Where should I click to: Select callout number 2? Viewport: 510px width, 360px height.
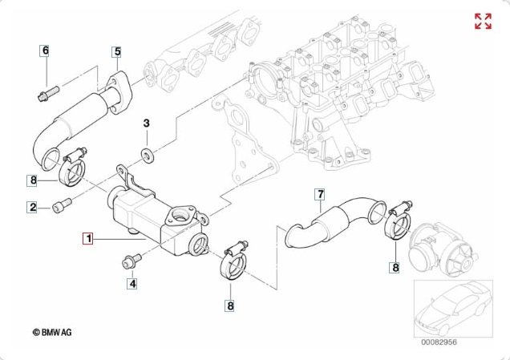[x=33, y=208]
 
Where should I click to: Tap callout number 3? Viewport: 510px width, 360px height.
[x=147, y=123]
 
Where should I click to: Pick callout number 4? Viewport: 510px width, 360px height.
[x=133, y=282]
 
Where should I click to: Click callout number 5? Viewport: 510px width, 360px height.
[x=116, y=52]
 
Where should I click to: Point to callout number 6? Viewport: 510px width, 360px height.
[x=45, y=51]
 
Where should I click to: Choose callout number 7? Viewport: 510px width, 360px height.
[x=319, y=194]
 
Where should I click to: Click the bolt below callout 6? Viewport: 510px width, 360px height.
[x=44, y=91]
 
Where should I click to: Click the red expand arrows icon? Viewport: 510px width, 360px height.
[x=483, y=22]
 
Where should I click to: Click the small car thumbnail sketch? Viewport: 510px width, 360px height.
[x=451, y=309]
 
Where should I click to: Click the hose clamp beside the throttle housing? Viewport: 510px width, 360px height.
[x=399, y=224]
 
